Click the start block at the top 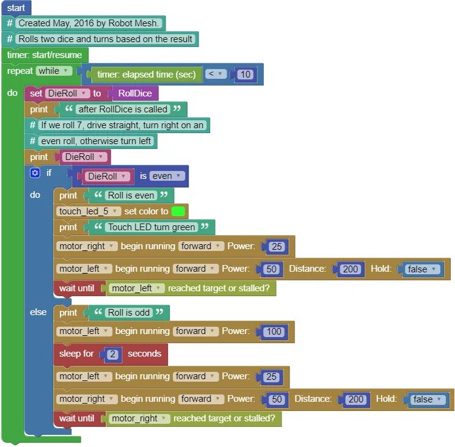point(16,8)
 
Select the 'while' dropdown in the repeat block point(54,71)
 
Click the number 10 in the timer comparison point(245,74)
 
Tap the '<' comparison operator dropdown point(216,74)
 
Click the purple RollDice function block point(135,93)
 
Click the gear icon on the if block point(35,173)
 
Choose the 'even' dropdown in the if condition point(167,176)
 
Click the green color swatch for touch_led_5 point(178,211)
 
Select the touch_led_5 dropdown point(89,211)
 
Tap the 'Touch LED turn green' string point(151,227)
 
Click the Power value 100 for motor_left point(274,332)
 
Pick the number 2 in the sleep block point(112,354)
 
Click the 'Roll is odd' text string point(128,313)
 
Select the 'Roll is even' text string point(131,195)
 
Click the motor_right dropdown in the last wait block point(138,419)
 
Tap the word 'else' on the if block point(38,312)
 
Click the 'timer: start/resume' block point(44,55)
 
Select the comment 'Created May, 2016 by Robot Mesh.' point(89,23)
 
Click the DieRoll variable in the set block point(65,93)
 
